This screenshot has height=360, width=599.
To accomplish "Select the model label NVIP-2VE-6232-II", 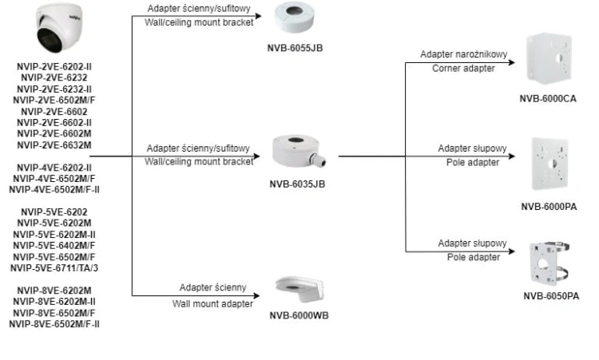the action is pos(54,89).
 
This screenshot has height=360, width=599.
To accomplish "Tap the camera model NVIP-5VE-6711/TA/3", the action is pos(54,268).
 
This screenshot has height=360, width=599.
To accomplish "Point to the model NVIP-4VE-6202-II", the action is pos(54,168).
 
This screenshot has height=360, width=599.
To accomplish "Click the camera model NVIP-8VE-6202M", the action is pos(54,291).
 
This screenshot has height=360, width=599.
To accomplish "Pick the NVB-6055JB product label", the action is pos(295,48).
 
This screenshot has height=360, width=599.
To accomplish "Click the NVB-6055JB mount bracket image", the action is pos(294,18).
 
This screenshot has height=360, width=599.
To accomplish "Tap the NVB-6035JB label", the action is pos(297,184).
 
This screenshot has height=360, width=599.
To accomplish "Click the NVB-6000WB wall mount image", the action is pos(299,289).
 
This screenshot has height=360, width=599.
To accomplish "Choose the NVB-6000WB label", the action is pos(299,315).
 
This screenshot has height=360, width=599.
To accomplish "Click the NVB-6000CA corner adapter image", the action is pos(549,58).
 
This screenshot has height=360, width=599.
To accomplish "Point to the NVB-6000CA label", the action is pos(548,98).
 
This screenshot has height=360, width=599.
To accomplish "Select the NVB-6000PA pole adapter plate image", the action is pos(550,164).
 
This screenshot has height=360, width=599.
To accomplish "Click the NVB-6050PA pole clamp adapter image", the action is pos(549,263).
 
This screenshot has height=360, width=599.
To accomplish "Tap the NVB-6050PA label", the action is pos(551,296).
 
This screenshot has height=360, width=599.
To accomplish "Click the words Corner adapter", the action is pos(463,69).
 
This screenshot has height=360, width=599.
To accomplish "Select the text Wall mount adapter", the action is pos(212,304).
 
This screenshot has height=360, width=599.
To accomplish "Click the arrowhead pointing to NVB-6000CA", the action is pos(512,62).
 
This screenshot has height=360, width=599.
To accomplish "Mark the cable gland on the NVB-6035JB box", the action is pos(318,160).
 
